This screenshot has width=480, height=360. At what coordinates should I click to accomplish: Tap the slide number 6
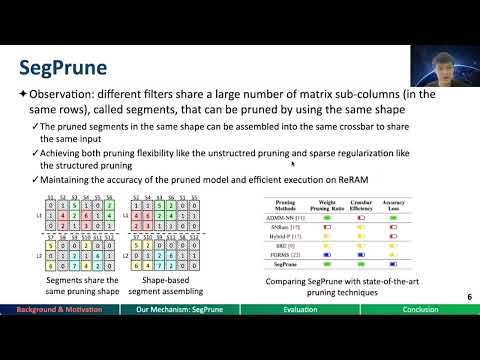coord(469,298)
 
